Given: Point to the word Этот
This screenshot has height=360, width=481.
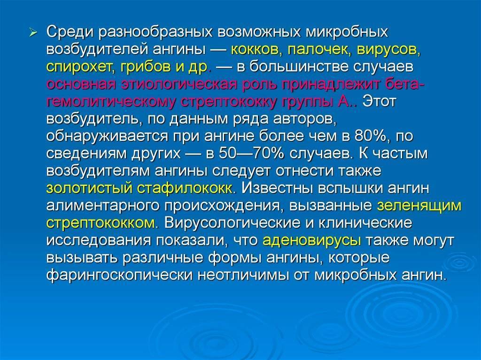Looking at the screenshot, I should coord(380,101).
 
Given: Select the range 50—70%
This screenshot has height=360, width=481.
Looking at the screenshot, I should coord(233,153).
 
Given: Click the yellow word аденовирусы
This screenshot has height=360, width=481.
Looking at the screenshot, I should coord(312,240).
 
